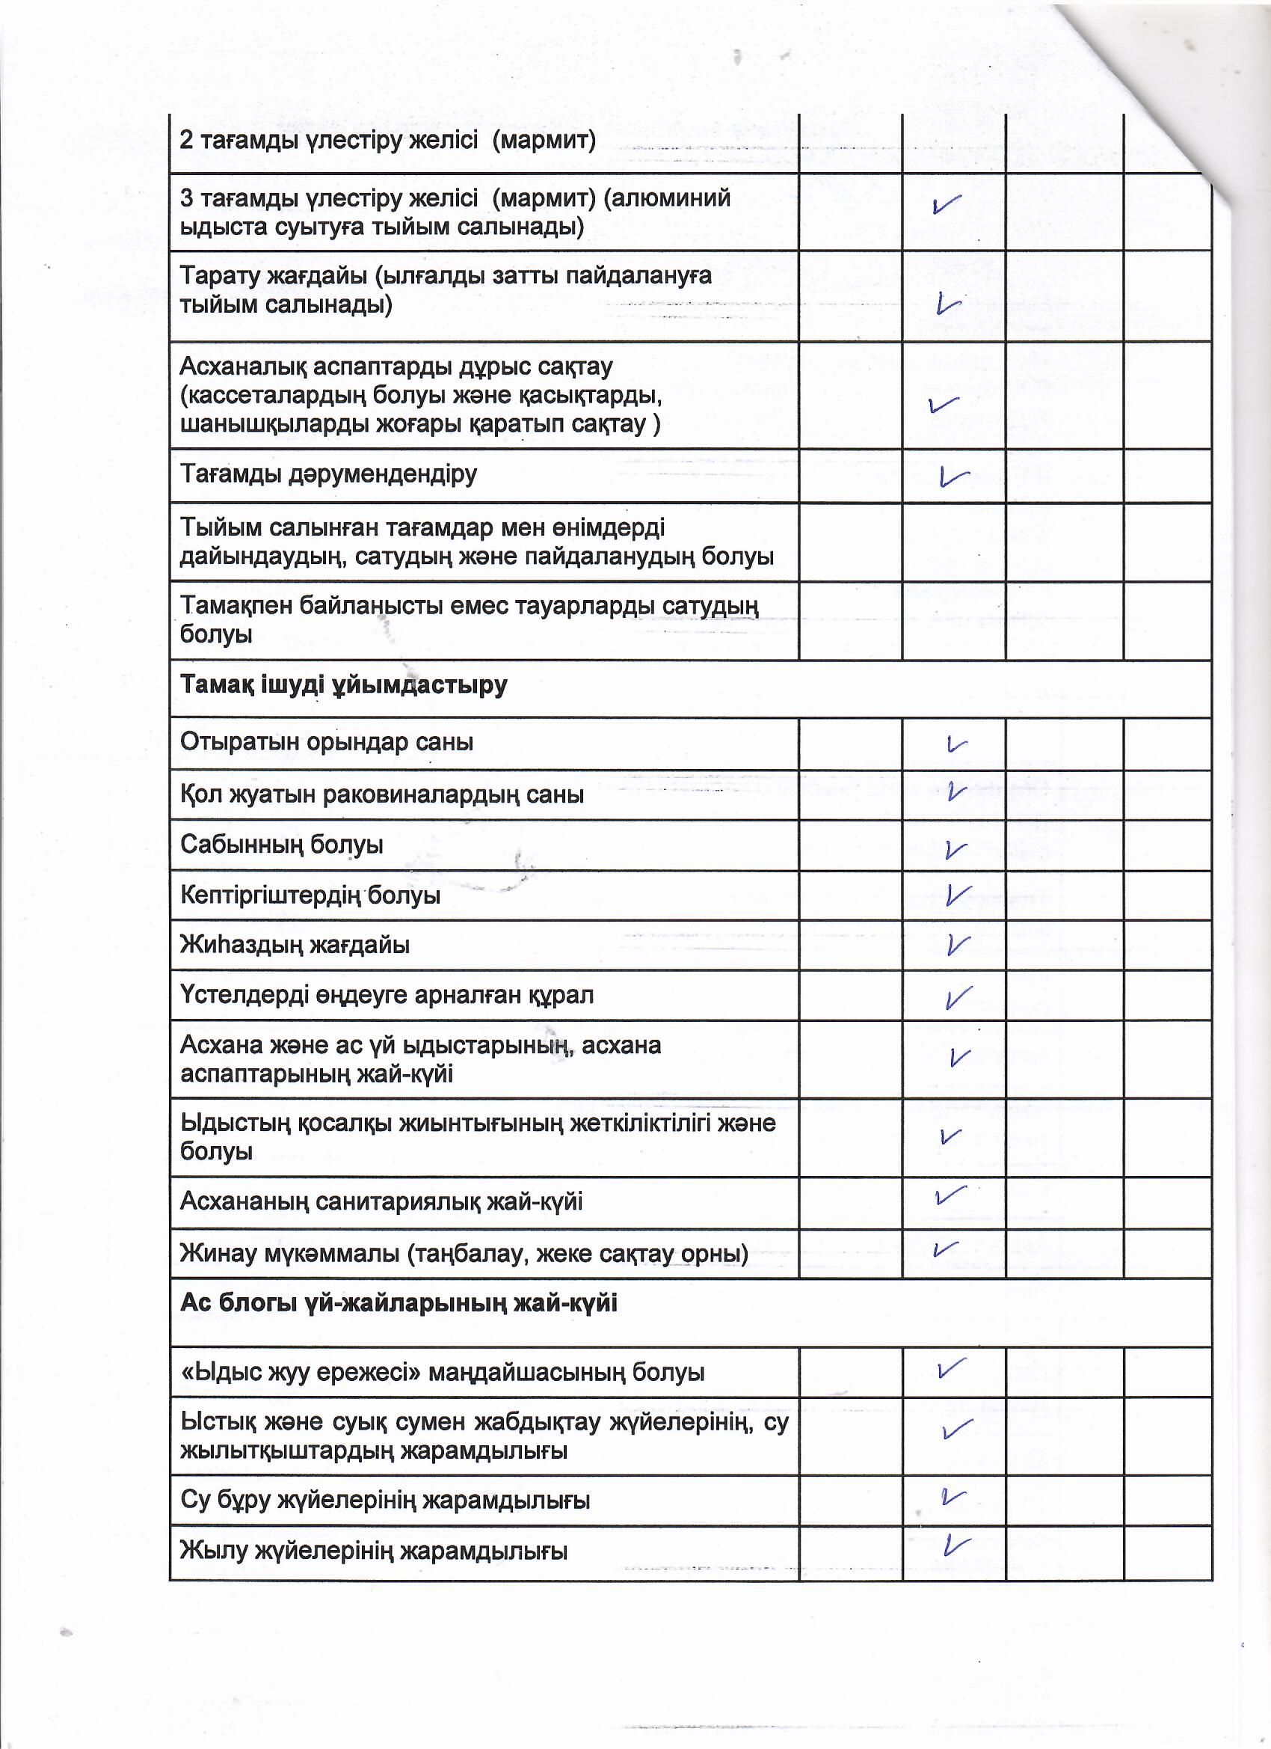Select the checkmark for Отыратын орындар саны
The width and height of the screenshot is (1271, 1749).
coord(955,745)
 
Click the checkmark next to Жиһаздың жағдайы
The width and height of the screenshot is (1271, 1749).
coord(956,945)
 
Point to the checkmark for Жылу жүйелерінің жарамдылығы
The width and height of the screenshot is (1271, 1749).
coord(955,1545)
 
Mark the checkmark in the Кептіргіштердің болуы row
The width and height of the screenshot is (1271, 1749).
coord(956,895)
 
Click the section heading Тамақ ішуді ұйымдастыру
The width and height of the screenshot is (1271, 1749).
coord(343,685)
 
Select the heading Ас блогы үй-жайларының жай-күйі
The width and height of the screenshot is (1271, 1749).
coord(398,1304)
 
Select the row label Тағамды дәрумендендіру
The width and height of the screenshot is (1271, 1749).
coord(328,474)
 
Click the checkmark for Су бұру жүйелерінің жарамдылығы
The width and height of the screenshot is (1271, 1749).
coord(953,1497)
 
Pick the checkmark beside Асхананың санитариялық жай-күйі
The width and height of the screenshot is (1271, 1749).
coord(950,1195)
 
